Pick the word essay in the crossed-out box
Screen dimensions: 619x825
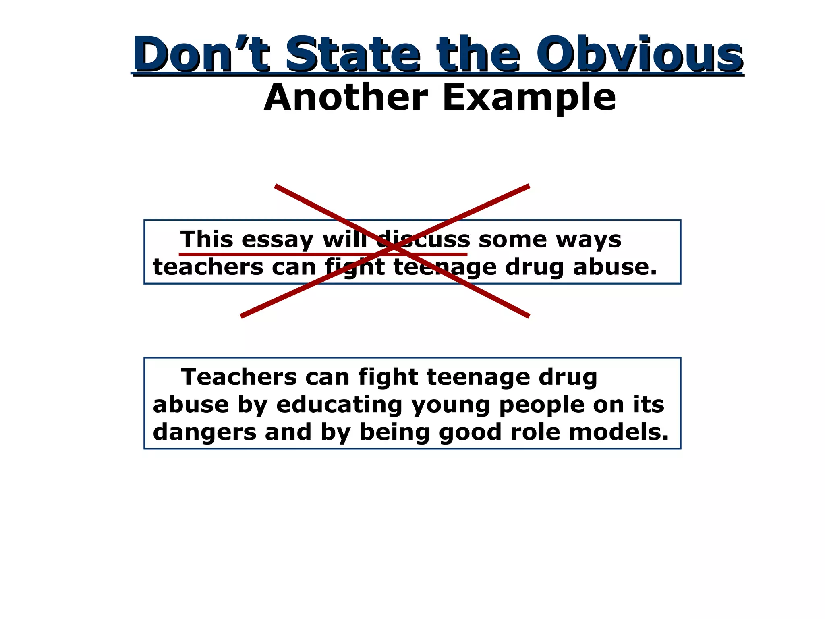278,240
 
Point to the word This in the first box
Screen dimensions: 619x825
207,240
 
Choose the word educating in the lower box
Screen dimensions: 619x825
339,405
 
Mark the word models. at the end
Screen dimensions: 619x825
619,432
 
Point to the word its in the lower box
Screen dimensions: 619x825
649,405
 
